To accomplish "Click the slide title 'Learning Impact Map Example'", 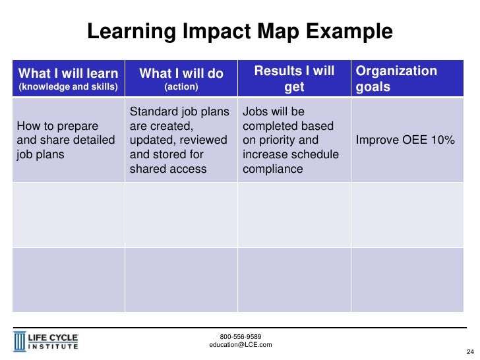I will [x=240, y=31].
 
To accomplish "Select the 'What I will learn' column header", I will [x=69, y=73].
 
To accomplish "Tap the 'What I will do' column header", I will [x=181, y=73].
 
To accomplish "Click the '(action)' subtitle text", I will [x=181, y=87].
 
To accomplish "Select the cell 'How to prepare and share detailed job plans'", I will [x=66, y=140].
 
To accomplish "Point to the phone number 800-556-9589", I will [x=240, y=336].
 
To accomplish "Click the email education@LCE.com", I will [x=240, y=345].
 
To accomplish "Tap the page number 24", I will [x=470, y=351].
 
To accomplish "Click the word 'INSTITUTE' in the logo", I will [x=53, y=346].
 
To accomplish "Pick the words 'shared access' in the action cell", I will [x=168, y=169].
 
